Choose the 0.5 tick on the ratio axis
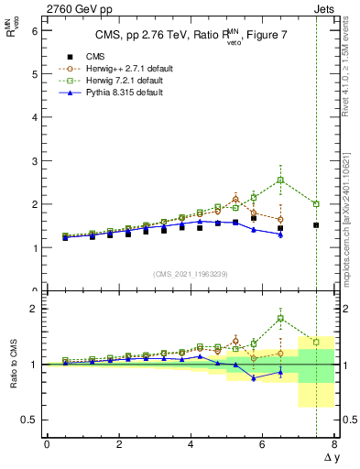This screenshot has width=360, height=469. (x=30, y=420)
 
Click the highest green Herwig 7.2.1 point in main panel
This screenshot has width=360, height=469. (x=280, y=180)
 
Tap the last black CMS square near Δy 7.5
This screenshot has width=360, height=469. (x=316, y=225)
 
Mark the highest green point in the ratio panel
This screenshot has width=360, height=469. (x=280, y=319)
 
